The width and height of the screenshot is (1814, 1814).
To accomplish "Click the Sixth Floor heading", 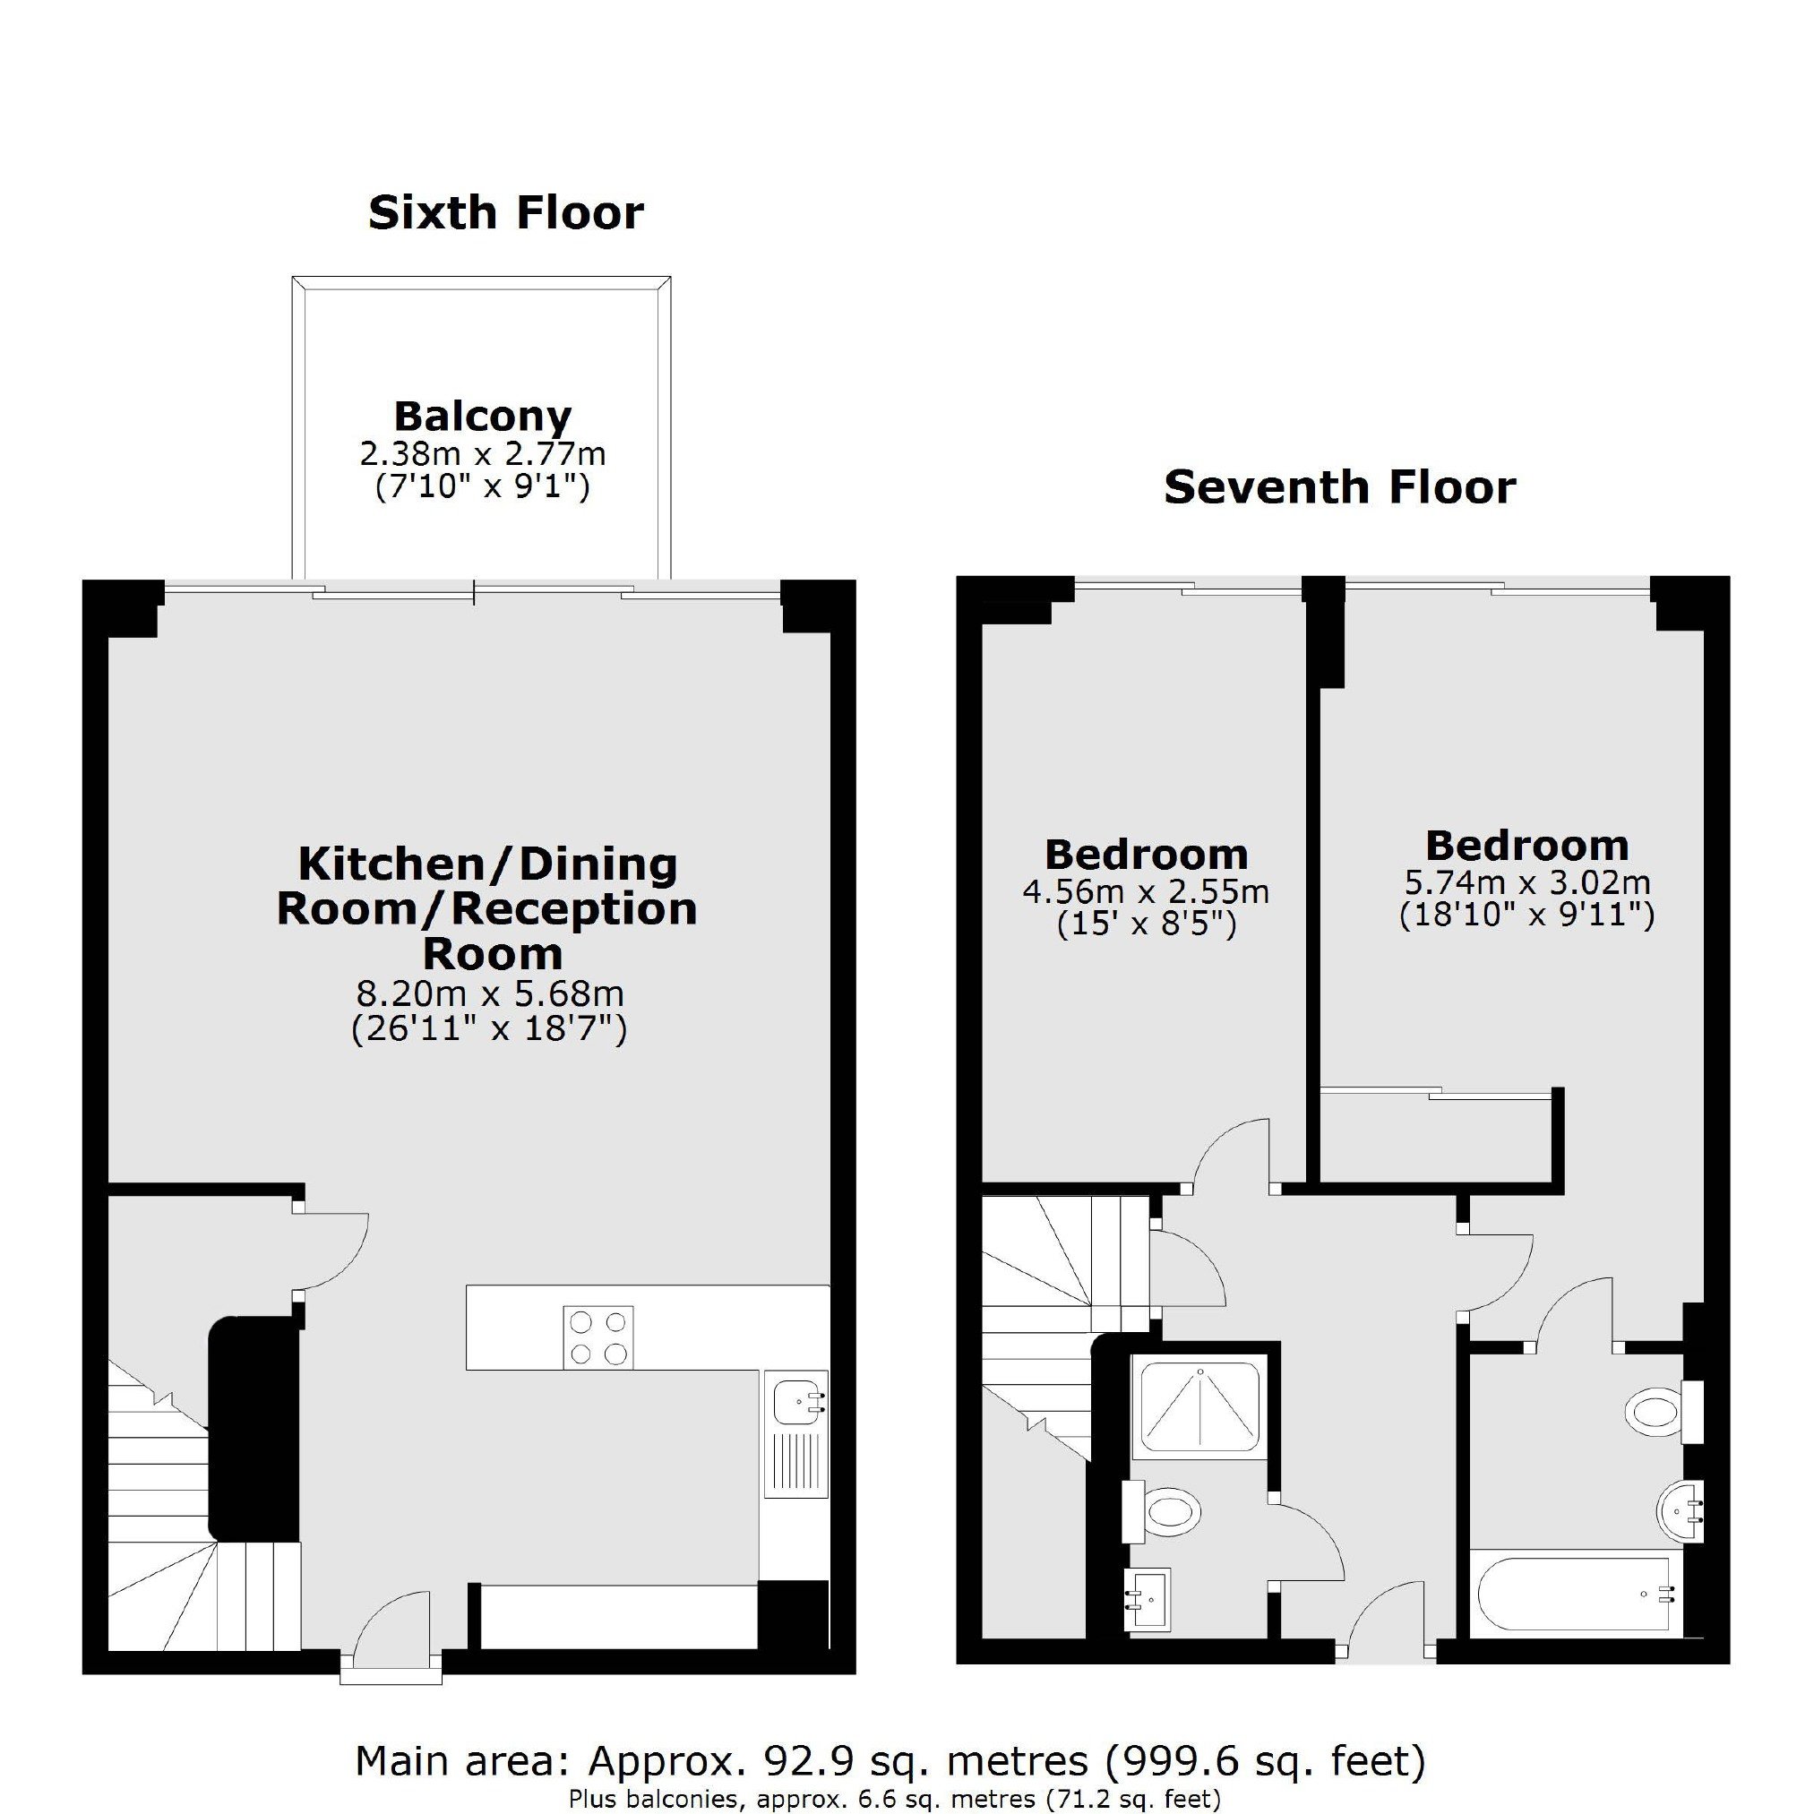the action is click(x=506, y=213).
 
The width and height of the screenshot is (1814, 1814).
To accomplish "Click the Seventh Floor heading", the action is click(x=1340, y=488).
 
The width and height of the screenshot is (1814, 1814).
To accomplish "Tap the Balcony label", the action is click(x=483, y=416).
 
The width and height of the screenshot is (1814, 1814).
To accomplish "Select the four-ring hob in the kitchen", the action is click(x=598, y=1337).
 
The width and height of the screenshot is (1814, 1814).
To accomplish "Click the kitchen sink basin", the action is click(x=795, y=1406).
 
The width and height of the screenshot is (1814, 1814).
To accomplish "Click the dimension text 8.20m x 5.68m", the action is click(x=489, y=993).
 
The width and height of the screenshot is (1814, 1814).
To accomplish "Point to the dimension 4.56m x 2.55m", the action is click(x=1146, y=891).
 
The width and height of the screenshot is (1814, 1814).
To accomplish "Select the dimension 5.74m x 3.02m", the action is click(x=1526, y=882).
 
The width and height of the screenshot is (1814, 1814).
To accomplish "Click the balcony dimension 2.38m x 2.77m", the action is click(x=483, y=454).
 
